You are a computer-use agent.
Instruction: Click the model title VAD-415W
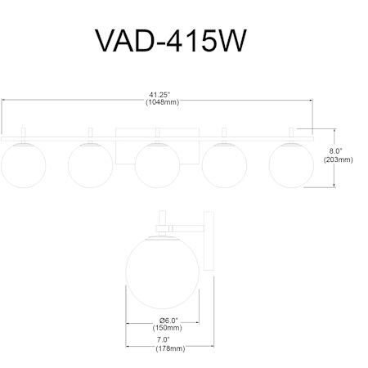pos(171,41)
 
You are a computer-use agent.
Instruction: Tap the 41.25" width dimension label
pos(159,95)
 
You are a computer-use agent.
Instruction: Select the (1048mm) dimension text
pos(163,102)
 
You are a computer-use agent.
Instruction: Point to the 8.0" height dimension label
pos(335,150)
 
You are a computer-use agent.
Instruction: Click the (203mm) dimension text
pos(338,159)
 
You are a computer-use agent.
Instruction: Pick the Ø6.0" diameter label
pos(168,320)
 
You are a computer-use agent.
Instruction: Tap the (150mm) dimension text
pos(167,327)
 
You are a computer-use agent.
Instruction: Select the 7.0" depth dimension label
pos(163,339)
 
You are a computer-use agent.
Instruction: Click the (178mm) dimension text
pos(170,348)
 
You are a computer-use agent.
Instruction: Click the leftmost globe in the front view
pos(23,165)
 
